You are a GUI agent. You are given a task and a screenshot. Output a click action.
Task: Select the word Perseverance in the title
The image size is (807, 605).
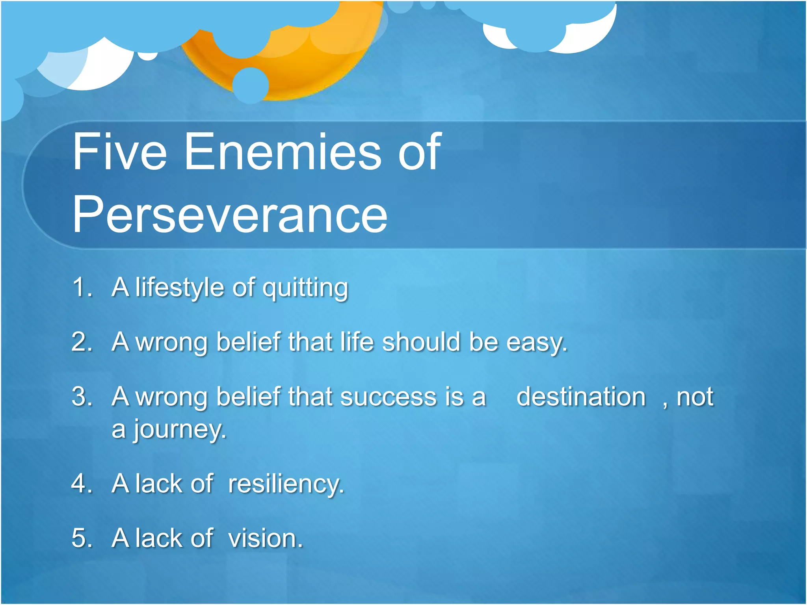click(230, 215)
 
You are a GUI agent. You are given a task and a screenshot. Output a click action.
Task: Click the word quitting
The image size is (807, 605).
click(305, 289)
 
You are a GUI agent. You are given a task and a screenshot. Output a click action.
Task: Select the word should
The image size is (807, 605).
click(421, 341)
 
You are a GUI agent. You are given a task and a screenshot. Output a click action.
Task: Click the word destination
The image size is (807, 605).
click(581, 397)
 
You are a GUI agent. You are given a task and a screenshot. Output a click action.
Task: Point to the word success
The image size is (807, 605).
click(388, 397)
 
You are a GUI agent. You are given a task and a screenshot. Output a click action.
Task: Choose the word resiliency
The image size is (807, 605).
click(286, 484)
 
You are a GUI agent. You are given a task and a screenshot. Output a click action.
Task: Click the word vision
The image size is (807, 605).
click(265, 538)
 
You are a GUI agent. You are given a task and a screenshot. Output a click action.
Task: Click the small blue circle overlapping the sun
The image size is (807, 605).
click(251, 85)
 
